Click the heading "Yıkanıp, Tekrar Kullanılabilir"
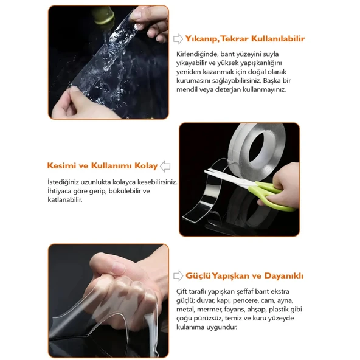click(245, 38)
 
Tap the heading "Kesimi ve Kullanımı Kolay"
click(102, 165)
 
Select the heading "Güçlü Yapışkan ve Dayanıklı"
click(244, 275)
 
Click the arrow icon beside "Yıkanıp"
click(178, 39)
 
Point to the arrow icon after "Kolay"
click(165, 166)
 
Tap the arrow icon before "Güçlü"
click(178, 275)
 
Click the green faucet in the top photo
click(103, 16)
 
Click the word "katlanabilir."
click(65, 199)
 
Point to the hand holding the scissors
click(282, 181)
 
